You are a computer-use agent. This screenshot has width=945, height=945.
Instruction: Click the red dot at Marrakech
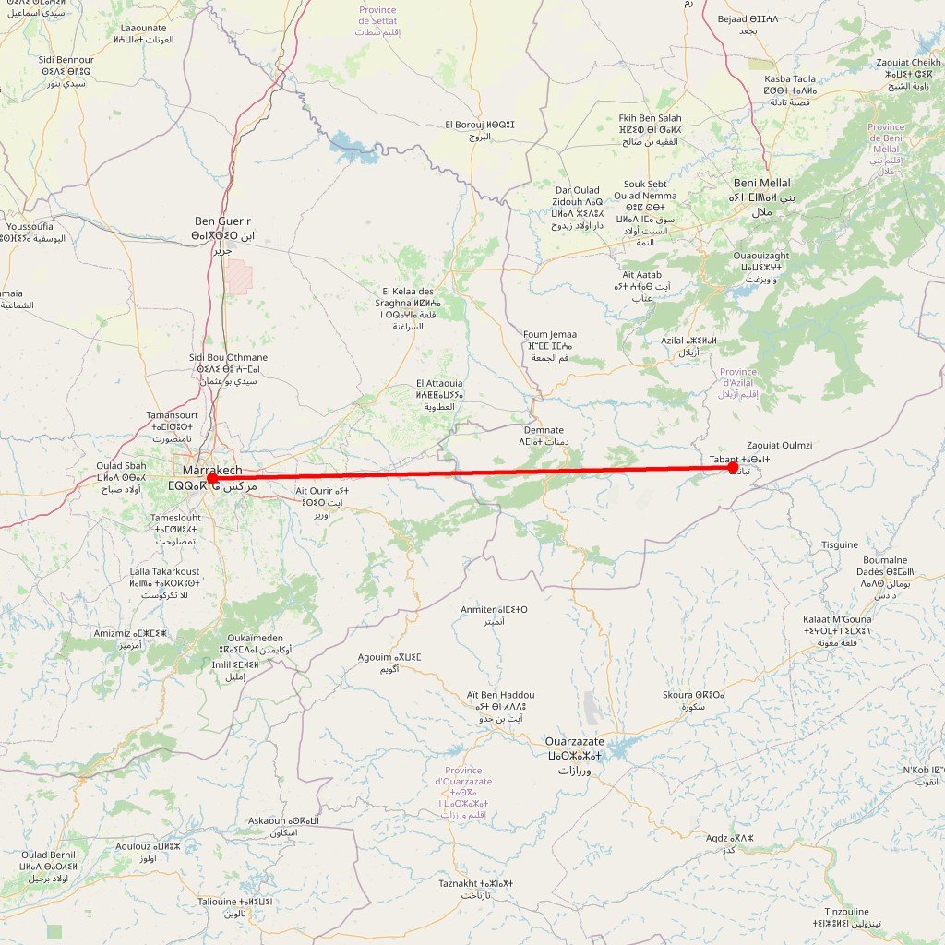pyautogui.click(x=212, y=478)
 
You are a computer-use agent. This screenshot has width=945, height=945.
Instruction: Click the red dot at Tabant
pyautogui.click(x=734, y=468)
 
